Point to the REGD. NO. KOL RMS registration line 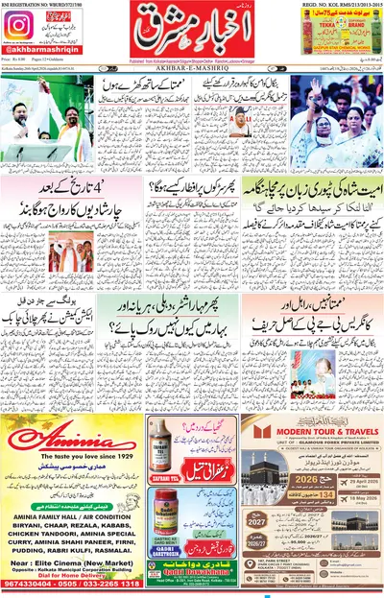(x=340, y=4)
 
